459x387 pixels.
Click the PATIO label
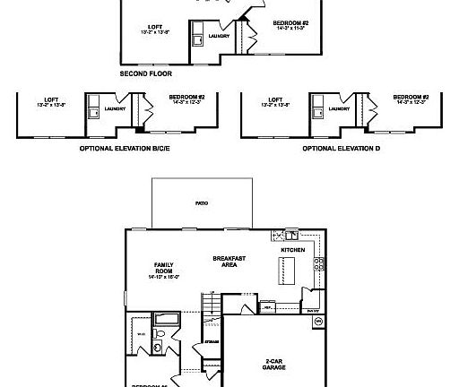(x=202, y=204)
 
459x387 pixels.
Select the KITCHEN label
(x=293, y=250)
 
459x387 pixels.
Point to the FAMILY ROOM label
(x=163, y=270)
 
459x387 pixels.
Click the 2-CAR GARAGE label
(x=273, y=365)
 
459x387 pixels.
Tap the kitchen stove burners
(x=316, y=264)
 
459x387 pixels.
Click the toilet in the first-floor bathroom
(x=158, y=347)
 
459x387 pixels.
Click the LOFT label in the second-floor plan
(x=154, y=27)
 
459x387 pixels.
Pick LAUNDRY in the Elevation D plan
(x=338, y=108)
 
